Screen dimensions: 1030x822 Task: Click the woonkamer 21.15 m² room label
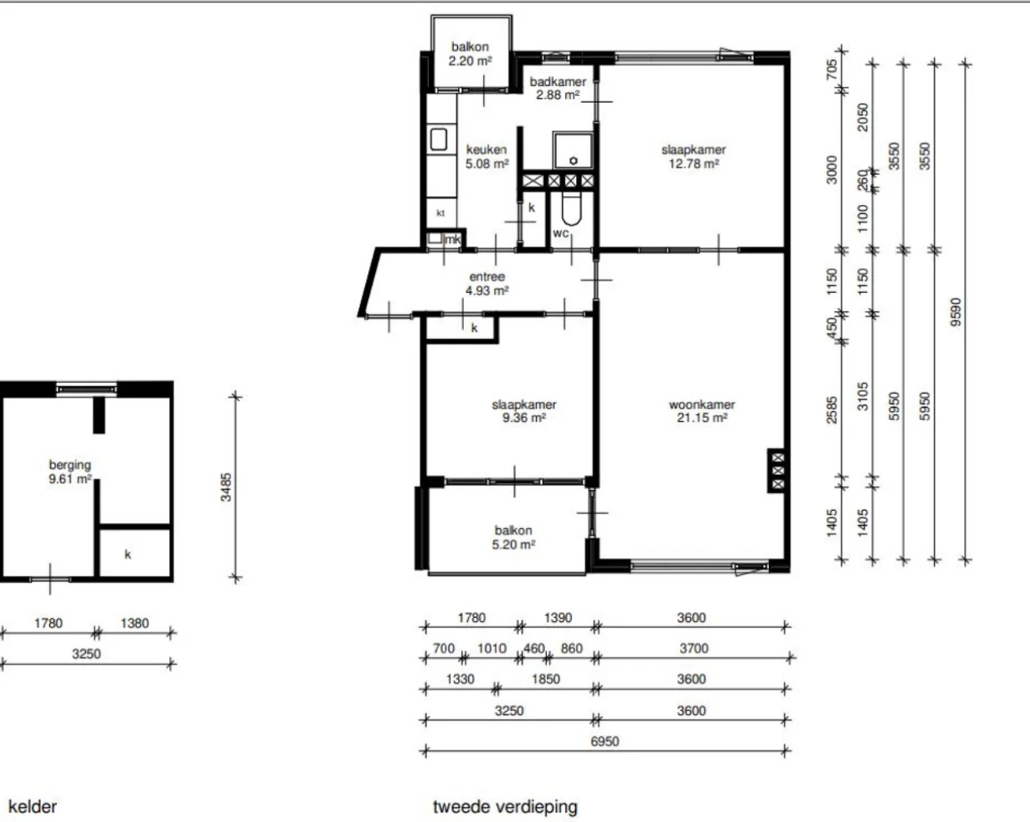tap(701, 411)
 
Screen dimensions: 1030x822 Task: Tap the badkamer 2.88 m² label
tap(558, 88)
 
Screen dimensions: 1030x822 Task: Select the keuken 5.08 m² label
tap(487, 157)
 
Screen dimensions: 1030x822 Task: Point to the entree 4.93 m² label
tap(487, 284)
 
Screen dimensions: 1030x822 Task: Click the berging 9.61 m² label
tap(70, 472)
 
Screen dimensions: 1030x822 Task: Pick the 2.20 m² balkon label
tap(470, 53)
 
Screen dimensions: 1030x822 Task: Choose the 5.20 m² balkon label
tap(513, 537)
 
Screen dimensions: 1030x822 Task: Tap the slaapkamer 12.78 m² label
tap(694, 157)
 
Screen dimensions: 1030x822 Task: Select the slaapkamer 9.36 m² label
tap(524, 411)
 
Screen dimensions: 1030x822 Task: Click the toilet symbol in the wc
tap(571, 209)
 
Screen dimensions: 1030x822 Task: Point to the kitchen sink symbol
tap(438, 139)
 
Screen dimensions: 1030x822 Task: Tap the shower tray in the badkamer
tap(573, 150)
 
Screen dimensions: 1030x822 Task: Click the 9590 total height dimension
tap(955, 312)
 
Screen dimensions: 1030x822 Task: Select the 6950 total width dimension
tap(605, 741)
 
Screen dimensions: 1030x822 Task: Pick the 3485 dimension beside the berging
tap(226, 487)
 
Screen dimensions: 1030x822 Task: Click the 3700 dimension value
tap(694, 648)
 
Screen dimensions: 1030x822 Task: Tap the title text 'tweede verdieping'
tap(505, 807)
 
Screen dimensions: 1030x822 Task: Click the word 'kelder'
tap(33, 807)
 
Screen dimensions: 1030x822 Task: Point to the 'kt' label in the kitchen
tap(440, 213)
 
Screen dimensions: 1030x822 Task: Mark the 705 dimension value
tap(832, 69)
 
